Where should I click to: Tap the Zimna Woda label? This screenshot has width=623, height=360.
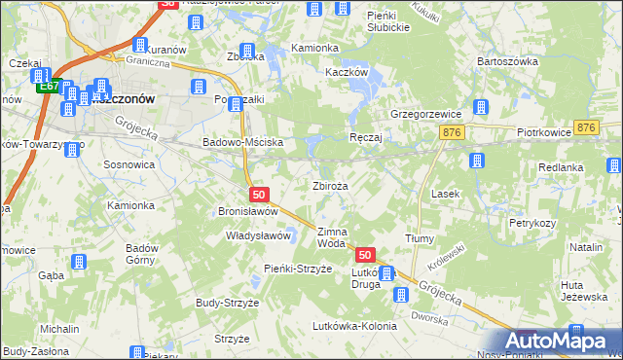coord(332,237)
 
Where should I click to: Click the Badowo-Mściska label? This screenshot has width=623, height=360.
coord(241,142)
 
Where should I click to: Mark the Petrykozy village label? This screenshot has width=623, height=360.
coord(532,223)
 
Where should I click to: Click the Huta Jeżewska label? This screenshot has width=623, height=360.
coord(584,291)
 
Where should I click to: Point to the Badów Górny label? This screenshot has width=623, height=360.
coord(142,254)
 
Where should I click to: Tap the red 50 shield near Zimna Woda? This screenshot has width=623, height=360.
coord(365,255)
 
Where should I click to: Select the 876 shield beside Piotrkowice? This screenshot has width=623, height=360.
coord(585,128)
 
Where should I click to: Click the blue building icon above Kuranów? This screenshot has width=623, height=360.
coord(140,45)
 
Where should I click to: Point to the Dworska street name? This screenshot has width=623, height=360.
coord(428,315)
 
